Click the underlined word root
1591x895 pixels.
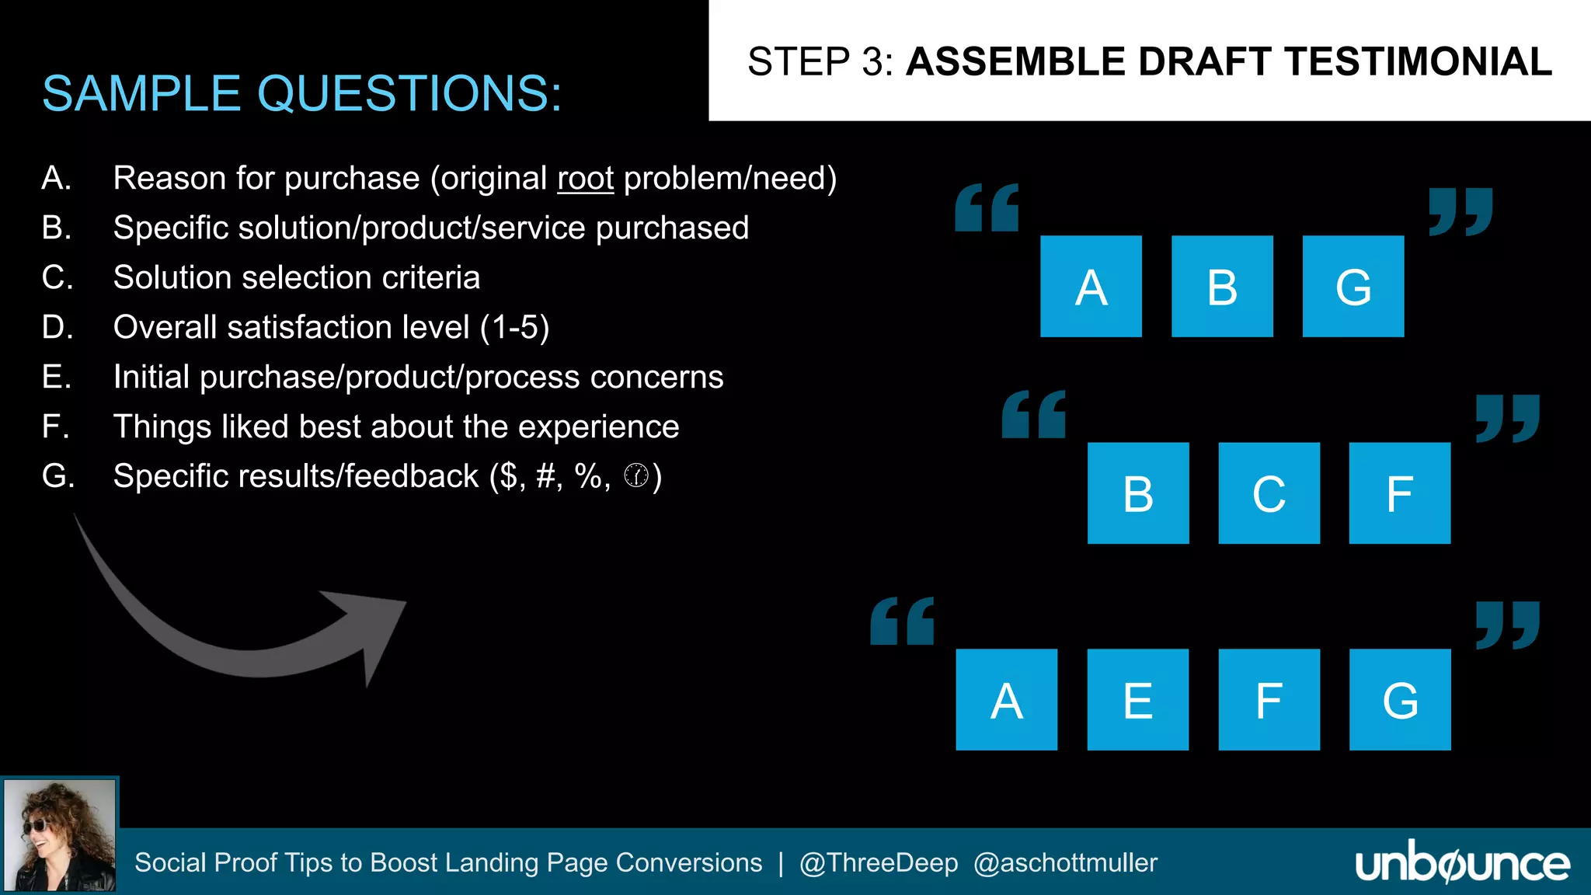click(x=585, y=179)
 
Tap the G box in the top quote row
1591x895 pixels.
click(x=1353, y=286)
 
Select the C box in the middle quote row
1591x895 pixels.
click(x=1269, y=493)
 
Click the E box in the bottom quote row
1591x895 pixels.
click(x=1137, y=699)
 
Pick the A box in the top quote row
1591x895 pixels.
click(x=1091, y=286)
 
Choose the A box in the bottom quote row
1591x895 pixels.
click(x=1006, y=699)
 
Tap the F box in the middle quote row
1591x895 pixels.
click(x=1399, y=493)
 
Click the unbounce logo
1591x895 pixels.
click(x=1462, y=863)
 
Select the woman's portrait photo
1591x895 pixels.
click(x=60, y=835)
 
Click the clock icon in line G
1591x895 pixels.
click(x=635, y=475)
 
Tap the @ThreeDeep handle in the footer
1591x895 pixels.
click(x=879, y=863)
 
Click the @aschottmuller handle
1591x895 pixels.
click(x=1065, y=863)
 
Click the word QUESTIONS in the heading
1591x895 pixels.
click(x=409, y=94)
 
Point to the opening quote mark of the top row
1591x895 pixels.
click(x=987, y=207)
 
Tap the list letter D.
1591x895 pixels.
click(x=57, y=327)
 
